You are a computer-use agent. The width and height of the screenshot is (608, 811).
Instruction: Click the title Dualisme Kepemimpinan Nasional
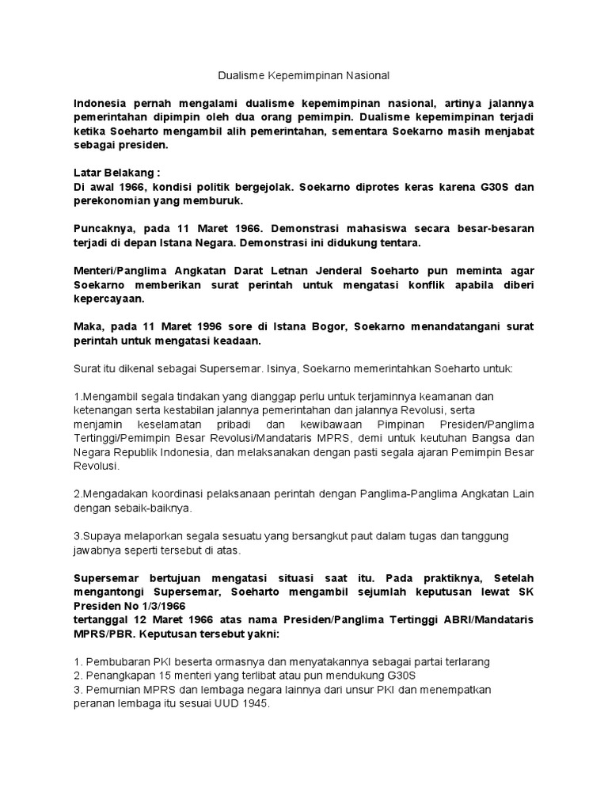tap(304, 76)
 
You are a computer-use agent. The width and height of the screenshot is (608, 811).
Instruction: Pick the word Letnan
tap(299, 270)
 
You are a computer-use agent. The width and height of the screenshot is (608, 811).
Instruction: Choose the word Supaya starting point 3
tap(98, 536)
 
